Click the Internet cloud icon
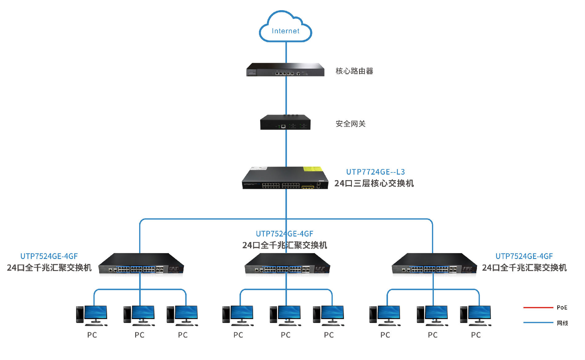pos(285,28)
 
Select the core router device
pos(285,70)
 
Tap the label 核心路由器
pos(354,71)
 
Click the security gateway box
pos(285,122)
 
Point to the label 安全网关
pos(350,124)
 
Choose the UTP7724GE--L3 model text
pos(375,172)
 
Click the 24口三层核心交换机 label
pos(374,184)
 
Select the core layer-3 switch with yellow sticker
pos(285,178)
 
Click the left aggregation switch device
pos(141,264)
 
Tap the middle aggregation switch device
pos(287,264)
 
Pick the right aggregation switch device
pos(434,264)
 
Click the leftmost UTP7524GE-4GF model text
pos(49,256)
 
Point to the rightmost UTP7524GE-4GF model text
pos(524,256)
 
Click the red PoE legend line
pos(538,307)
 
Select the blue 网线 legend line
pos(538,323)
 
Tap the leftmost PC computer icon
pos(92,316)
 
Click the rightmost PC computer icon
pos(476,316)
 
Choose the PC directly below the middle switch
pos(285,316)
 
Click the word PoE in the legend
pos(562,307)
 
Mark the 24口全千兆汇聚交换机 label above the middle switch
pos(284,245)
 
